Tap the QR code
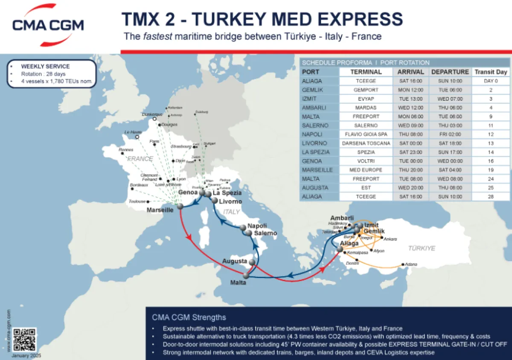tap(24, 340)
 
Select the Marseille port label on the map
tap(160, 210)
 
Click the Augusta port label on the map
tap(234, 261)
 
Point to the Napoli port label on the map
tap(257, 226)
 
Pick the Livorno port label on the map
tap(230, 202)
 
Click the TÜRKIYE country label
tap(422, 248)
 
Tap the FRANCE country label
tap(140, 159)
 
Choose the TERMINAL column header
tap(366, 72)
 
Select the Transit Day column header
tap(491, 72)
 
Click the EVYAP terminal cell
tap(366, 99)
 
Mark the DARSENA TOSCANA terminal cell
tap(366, 143)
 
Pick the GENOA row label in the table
tap(312, 161)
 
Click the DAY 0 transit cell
tap(491, 81)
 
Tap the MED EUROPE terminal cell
tap(366, 170)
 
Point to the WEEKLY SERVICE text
tap(45, 67)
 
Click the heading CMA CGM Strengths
tap(189, 317)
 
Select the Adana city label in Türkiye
tap(411, 264)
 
